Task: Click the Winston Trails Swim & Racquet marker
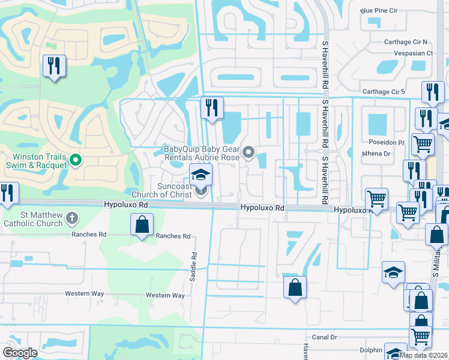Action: tap(76, 160)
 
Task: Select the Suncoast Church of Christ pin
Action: tap(201, 191)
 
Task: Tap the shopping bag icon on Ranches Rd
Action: tap(142, 226)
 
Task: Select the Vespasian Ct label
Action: tap(413, 53)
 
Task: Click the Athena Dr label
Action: tap(376, 153)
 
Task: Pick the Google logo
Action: tap(19, 353)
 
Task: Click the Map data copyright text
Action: tap(424, 355)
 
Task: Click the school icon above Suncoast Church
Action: tap(201, 174)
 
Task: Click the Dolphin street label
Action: tap(370, 350)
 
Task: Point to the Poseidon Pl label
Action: tap(387, 142)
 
